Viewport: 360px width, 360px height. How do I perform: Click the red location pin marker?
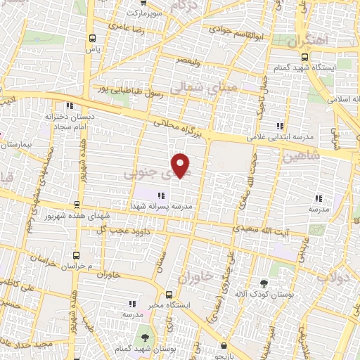click(x=181, y=165)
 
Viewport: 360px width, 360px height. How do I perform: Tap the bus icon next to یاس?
click(x=92, y=39)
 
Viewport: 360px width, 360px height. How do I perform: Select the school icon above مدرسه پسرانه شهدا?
click(x=161, y=196)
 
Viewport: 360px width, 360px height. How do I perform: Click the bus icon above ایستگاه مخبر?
click(x=168, y=295)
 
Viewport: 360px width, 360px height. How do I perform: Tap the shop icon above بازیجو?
click(x=224, y=346)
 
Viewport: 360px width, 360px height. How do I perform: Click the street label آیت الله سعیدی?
click(x=260, y=229)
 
